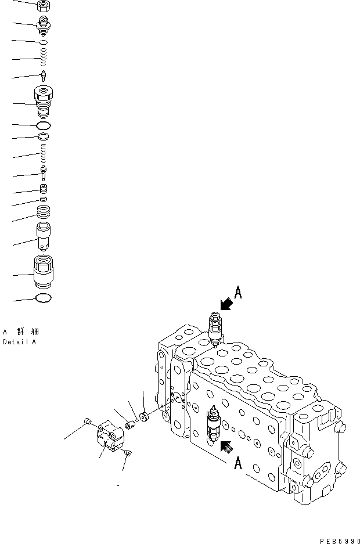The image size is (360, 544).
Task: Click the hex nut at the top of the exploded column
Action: tap(44, 6)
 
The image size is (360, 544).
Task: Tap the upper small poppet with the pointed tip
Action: tap(44, 75)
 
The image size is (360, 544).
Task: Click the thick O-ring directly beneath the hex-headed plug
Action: tap(44, 125)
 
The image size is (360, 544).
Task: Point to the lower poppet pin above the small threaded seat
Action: tap(44, 173)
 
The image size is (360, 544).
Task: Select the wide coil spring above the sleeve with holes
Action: tap(44, 212)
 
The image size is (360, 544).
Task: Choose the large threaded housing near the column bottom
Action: tap(44, 271)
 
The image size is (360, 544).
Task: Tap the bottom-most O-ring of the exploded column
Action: tap(44, 298)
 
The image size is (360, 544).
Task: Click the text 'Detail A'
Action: tap(19, 343)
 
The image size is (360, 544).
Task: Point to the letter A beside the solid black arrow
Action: tap(237, 293)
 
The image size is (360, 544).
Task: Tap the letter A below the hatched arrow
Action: tap(237, 463)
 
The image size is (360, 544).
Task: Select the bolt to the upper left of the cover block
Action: tap(88, 421)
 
